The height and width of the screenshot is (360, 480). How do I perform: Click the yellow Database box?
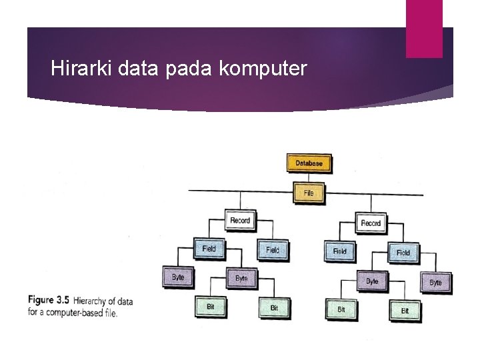[290, 163]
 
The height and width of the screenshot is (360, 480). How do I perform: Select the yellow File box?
[308, 193]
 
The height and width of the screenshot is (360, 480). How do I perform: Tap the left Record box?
[239, 221]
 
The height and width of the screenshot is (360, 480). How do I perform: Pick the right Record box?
[370, 223]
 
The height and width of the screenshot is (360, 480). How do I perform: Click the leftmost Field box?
[209, 249]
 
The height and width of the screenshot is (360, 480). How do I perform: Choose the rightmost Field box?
[403, 252]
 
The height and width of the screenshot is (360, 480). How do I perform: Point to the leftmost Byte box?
[177, 277]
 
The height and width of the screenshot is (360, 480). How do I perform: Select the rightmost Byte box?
[435, 282]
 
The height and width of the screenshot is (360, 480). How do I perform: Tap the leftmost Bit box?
[210, 307]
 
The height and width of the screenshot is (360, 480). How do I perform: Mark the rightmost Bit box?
[404, 310]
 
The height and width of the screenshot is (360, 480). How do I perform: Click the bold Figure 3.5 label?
[50, 300]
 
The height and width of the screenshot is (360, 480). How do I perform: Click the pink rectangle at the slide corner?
[424, 29]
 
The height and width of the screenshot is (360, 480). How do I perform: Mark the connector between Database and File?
[291, 177]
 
